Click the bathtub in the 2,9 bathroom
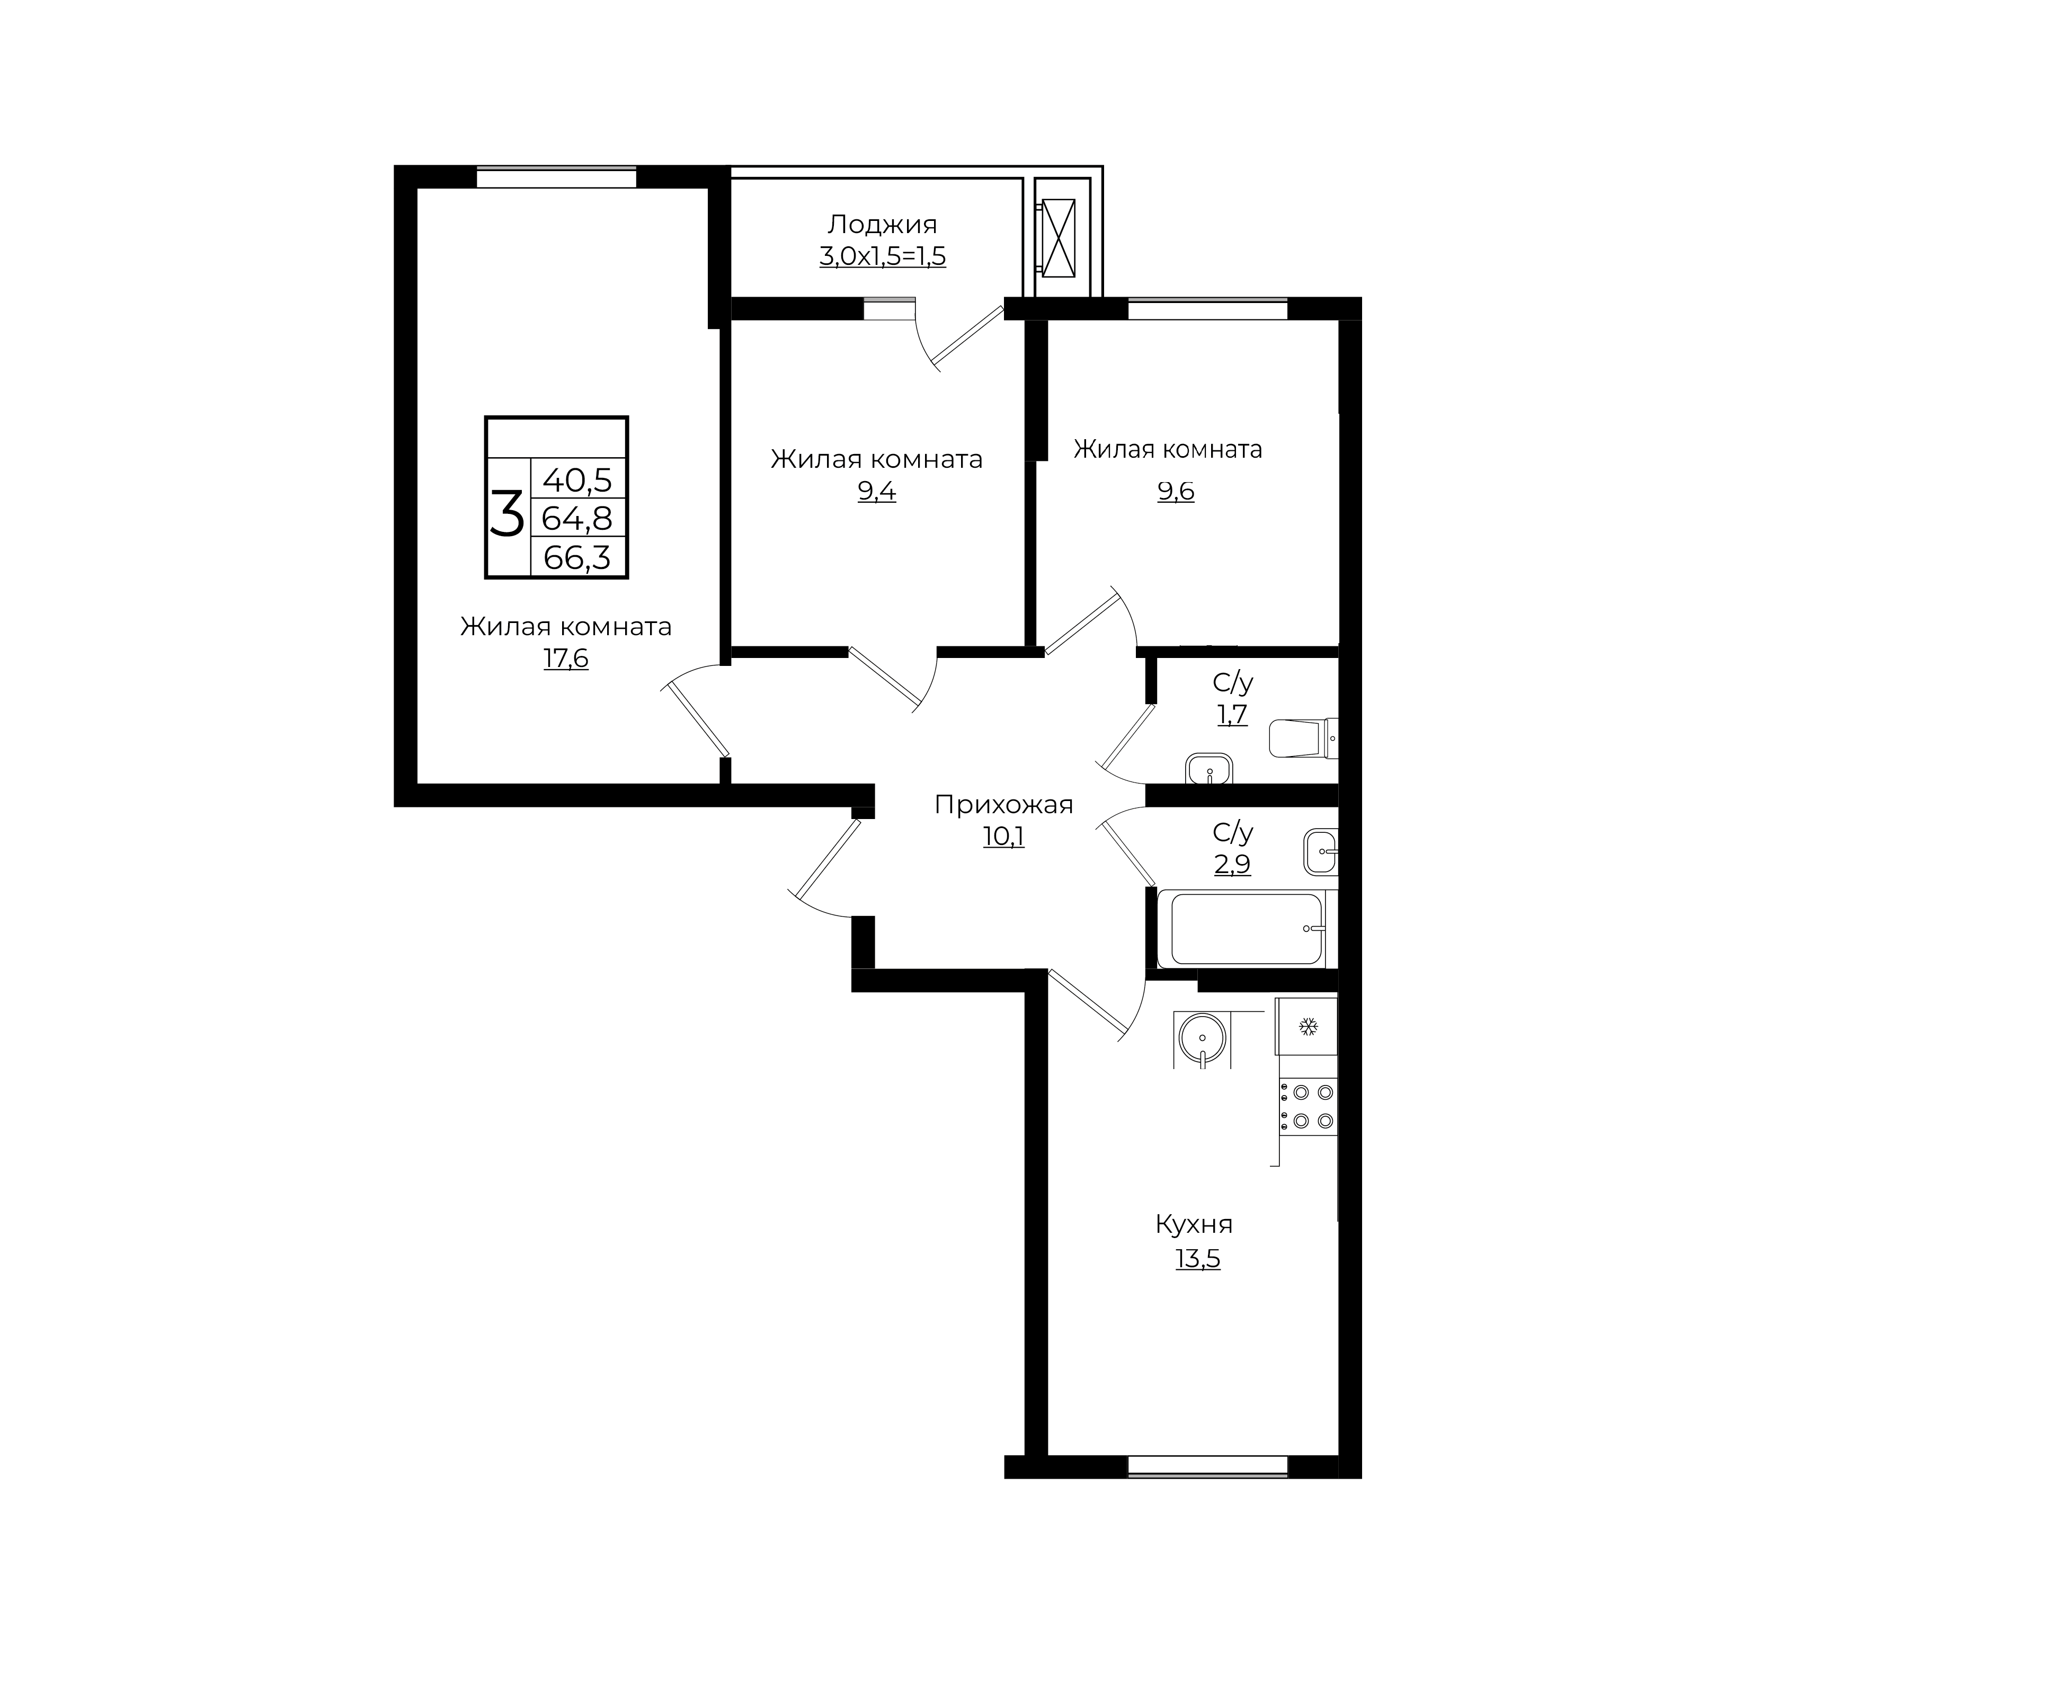1248,929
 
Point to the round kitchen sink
1203,1038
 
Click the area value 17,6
566,659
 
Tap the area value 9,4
876,492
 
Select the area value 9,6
1176,492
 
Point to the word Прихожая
1003,804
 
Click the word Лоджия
882,225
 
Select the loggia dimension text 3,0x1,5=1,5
882,257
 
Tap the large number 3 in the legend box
506,514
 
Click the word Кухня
1194,1224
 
